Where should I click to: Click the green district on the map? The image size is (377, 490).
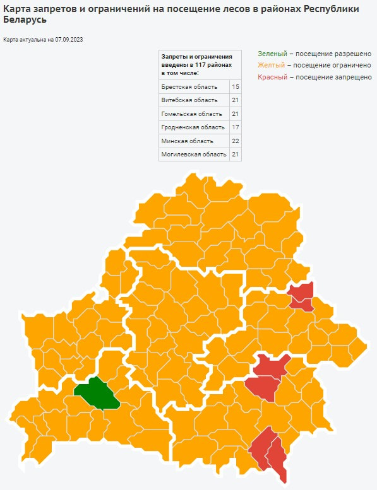[97, 394]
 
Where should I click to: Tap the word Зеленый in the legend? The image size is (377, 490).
[272, 54]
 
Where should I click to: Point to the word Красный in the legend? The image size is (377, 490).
[272, 76]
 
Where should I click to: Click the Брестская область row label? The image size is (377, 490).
[189, 86]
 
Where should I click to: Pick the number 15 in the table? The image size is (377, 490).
[235, 86]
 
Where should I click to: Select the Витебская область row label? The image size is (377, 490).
[189, 100]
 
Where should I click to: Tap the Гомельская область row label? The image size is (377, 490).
[191, 114]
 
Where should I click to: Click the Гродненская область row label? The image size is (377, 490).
[193, 127]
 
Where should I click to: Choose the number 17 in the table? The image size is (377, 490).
[235, 127]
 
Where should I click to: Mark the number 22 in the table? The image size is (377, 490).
[235, 141]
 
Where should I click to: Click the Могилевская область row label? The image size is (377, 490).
[193, 155]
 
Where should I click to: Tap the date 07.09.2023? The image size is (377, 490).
[69, 40]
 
